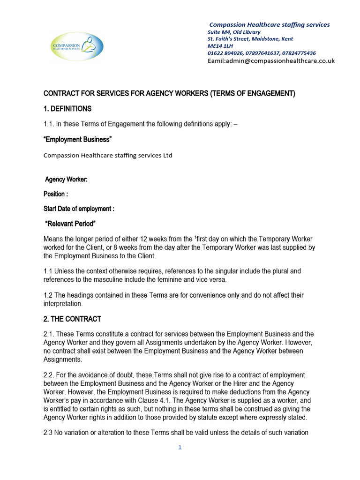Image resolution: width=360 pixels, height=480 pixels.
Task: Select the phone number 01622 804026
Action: tap(224, 53)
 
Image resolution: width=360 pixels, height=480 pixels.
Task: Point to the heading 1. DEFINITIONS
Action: tap(67, 109)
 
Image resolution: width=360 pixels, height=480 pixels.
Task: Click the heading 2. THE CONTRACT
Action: tap(72, 319)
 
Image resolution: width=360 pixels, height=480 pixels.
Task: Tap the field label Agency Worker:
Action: tap(66, 180)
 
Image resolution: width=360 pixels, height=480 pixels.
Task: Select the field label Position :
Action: tap(56, 194)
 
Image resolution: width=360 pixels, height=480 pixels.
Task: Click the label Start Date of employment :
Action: tap(79, 209)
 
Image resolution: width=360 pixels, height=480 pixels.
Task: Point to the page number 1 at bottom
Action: tap(180, 448)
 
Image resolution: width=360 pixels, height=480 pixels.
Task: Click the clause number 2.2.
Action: tap(50, 375)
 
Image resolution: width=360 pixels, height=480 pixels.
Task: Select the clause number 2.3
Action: tap(49, 433)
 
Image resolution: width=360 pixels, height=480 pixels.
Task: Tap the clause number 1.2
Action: tap(49, 295)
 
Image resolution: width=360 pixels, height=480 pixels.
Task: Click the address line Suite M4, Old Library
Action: tap(234, 32)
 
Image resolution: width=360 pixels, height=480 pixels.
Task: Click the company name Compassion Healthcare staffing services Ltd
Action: tap(108, 155)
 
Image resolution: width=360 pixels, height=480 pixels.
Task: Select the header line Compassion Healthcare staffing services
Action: tap(269, 24)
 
